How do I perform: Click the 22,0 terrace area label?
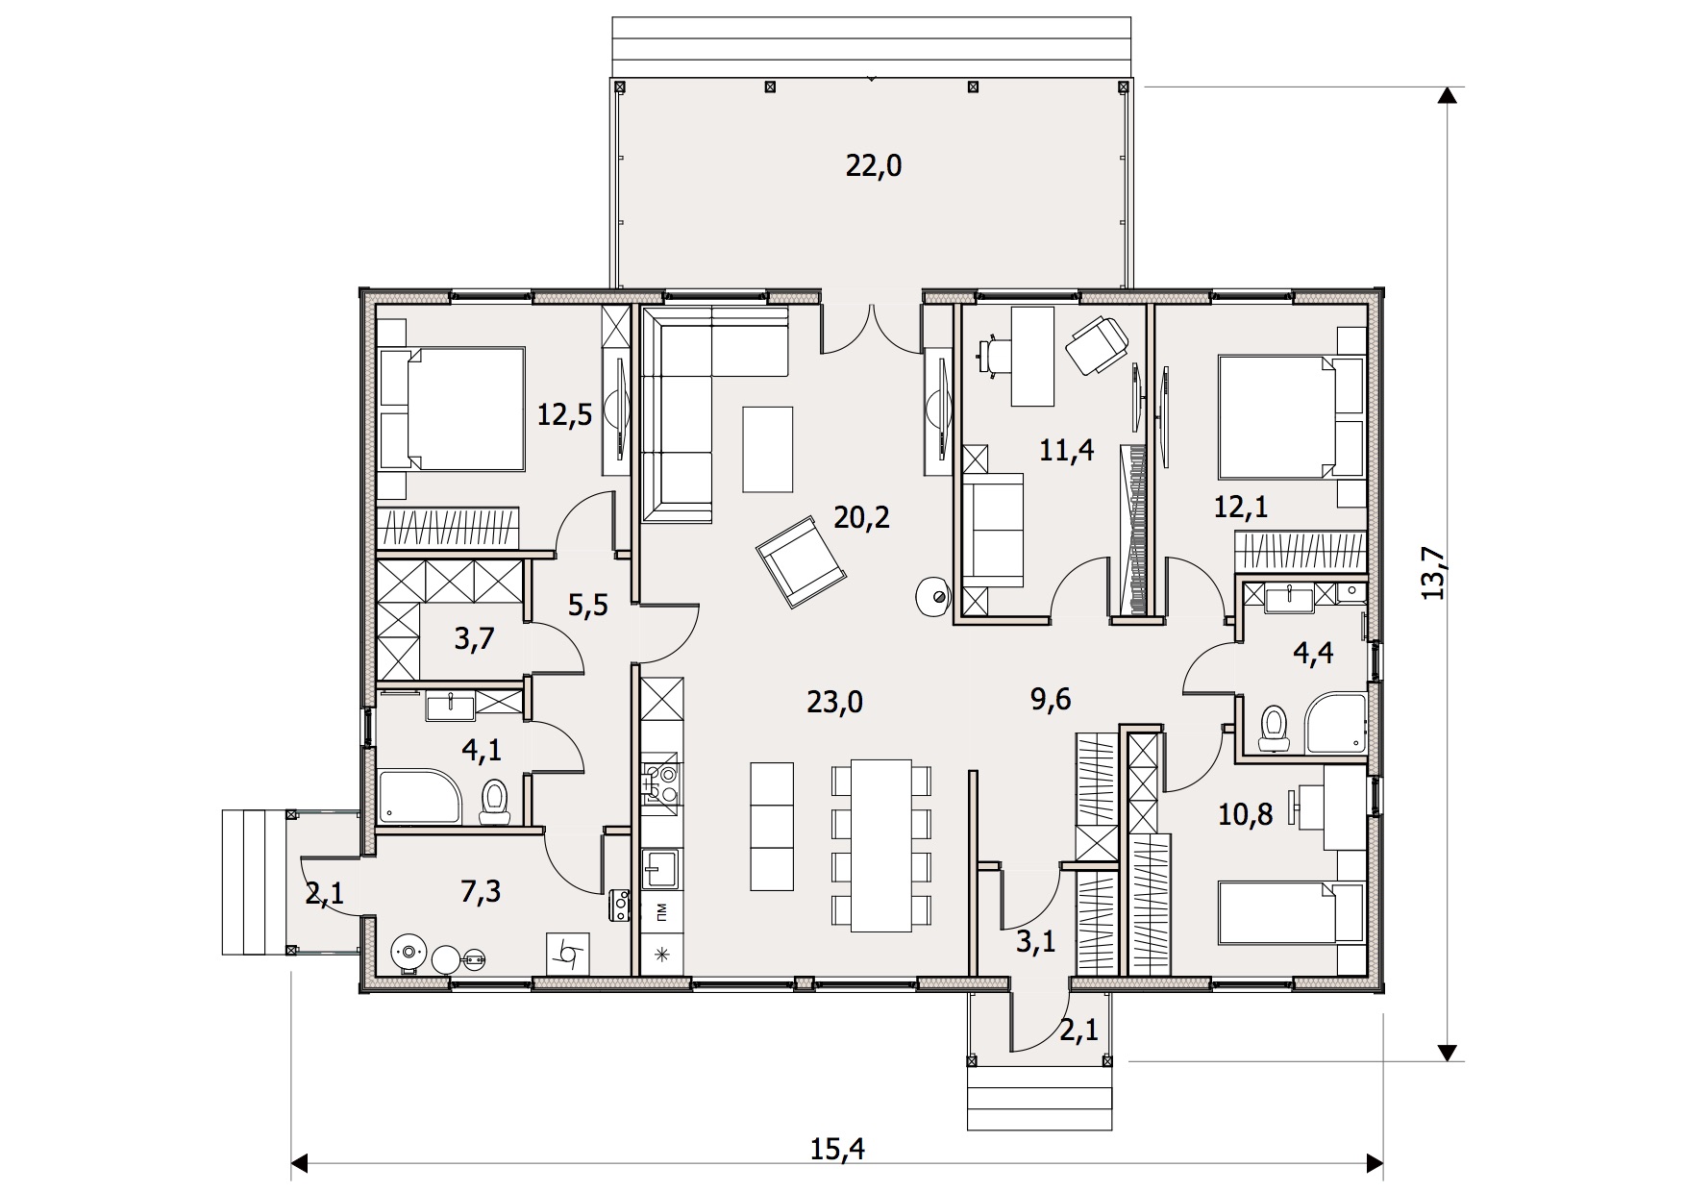tap(874, 166)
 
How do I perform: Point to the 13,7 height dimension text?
tap(1434, 573)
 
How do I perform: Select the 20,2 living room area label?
tap(861, 518)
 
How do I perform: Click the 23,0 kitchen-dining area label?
tap(834, 703)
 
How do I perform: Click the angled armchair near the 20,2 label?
tap(801, 561)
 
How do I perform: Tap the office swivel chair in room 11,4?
tap(1097, 344)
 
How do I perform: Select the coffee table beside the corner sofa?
tap(768, 449)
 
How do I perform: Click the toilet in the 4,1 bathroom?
tap(494, 802)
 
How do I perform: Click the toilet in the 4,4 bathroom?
tap(1275, 727)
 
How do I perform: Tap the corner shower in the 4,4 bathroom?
tap(1335, 722)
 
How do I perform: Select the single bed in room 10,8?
tap(1291, 912)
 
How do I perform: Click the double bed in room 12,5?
tap(451, 410)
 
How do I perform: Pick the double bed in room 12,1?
tap(1291, 417)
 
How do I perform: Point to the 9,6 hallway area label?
tap(1051, 699)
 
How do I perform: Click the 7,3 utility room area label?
tap(481, 892)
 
